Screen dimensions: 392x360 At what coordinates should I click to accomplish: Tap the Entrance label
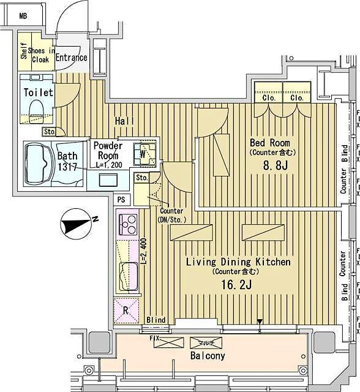tap(72, 58)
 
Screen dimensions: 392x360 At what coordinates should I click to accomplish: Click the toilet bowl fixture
tap(35, 111)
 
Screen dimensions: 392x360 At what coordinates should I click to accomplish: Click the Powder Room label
tap(108, 151)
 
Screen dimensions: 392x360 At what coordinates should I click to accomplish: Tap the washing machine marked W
tap(147, 154)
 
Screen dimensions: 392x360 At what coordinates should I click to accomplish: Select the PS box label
tap(122, 200)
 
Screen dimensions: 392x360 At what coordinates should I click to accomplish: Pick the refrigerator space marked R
tap(126, 310)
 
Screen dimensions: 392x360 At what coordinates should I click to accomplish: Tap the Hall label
tap(124, 122)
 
